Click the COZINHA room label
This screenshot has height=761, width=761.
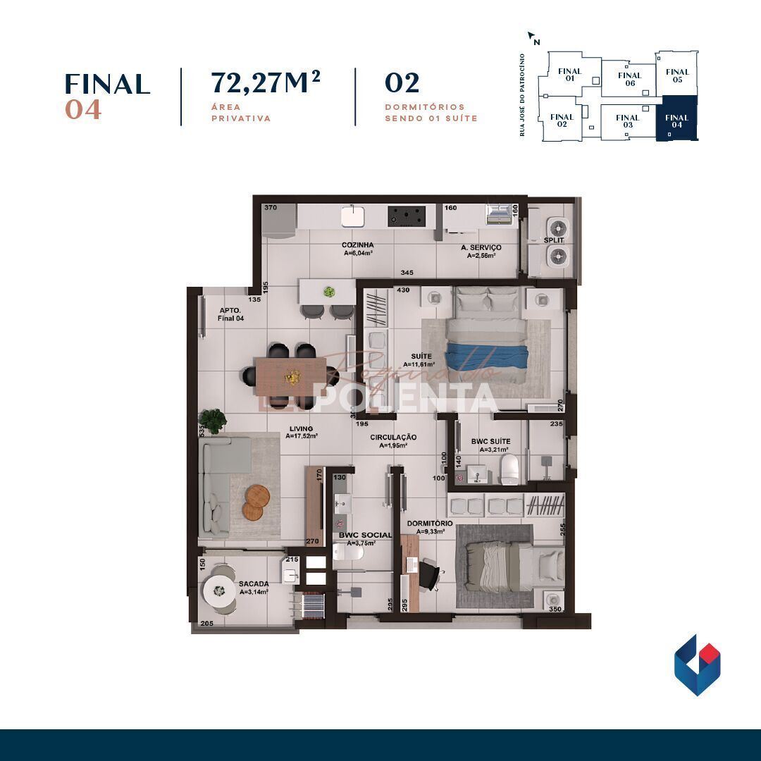pos(358,245)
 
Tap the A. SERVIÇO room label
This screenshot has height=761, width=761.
pos(481,247)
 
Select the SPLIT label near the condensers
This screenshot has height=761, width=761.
pos(554,240)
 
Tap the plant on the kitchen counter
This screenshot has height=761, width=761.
pos(328,291)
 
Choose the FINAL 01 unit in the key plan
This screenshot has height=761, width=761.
pos(569,75)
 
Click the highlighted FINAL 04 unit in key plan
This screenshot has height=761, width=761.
pos(676,120)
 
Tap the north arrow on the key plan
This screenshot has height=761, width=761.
pos(533,37)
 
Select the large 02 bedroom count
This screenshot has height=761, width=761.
pos(402,83)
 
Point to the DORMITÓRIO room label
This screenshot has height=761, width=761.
pos(430,524)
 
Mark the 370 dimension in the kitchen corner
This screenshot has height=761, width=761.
pos(270,208)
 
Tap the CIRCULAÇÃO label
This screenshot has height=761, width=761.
pos(394,437)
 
